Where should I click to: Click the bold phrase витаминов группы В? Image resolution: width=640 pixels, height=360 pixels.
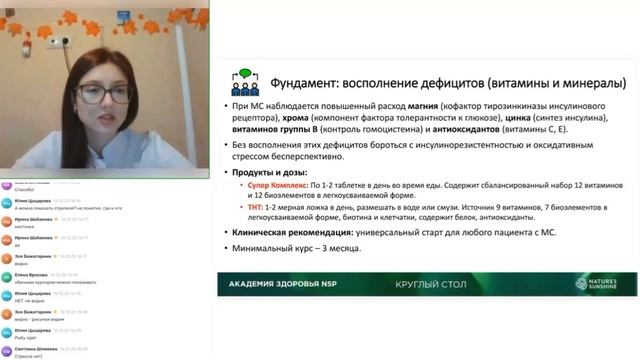[270, 130]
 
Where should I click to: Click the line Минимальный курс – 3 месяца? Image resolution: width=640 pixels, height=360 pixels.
[296, 248]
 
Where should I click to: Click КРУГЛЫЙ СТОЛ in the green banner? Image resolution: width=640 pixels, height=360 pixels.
[428, 284]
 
